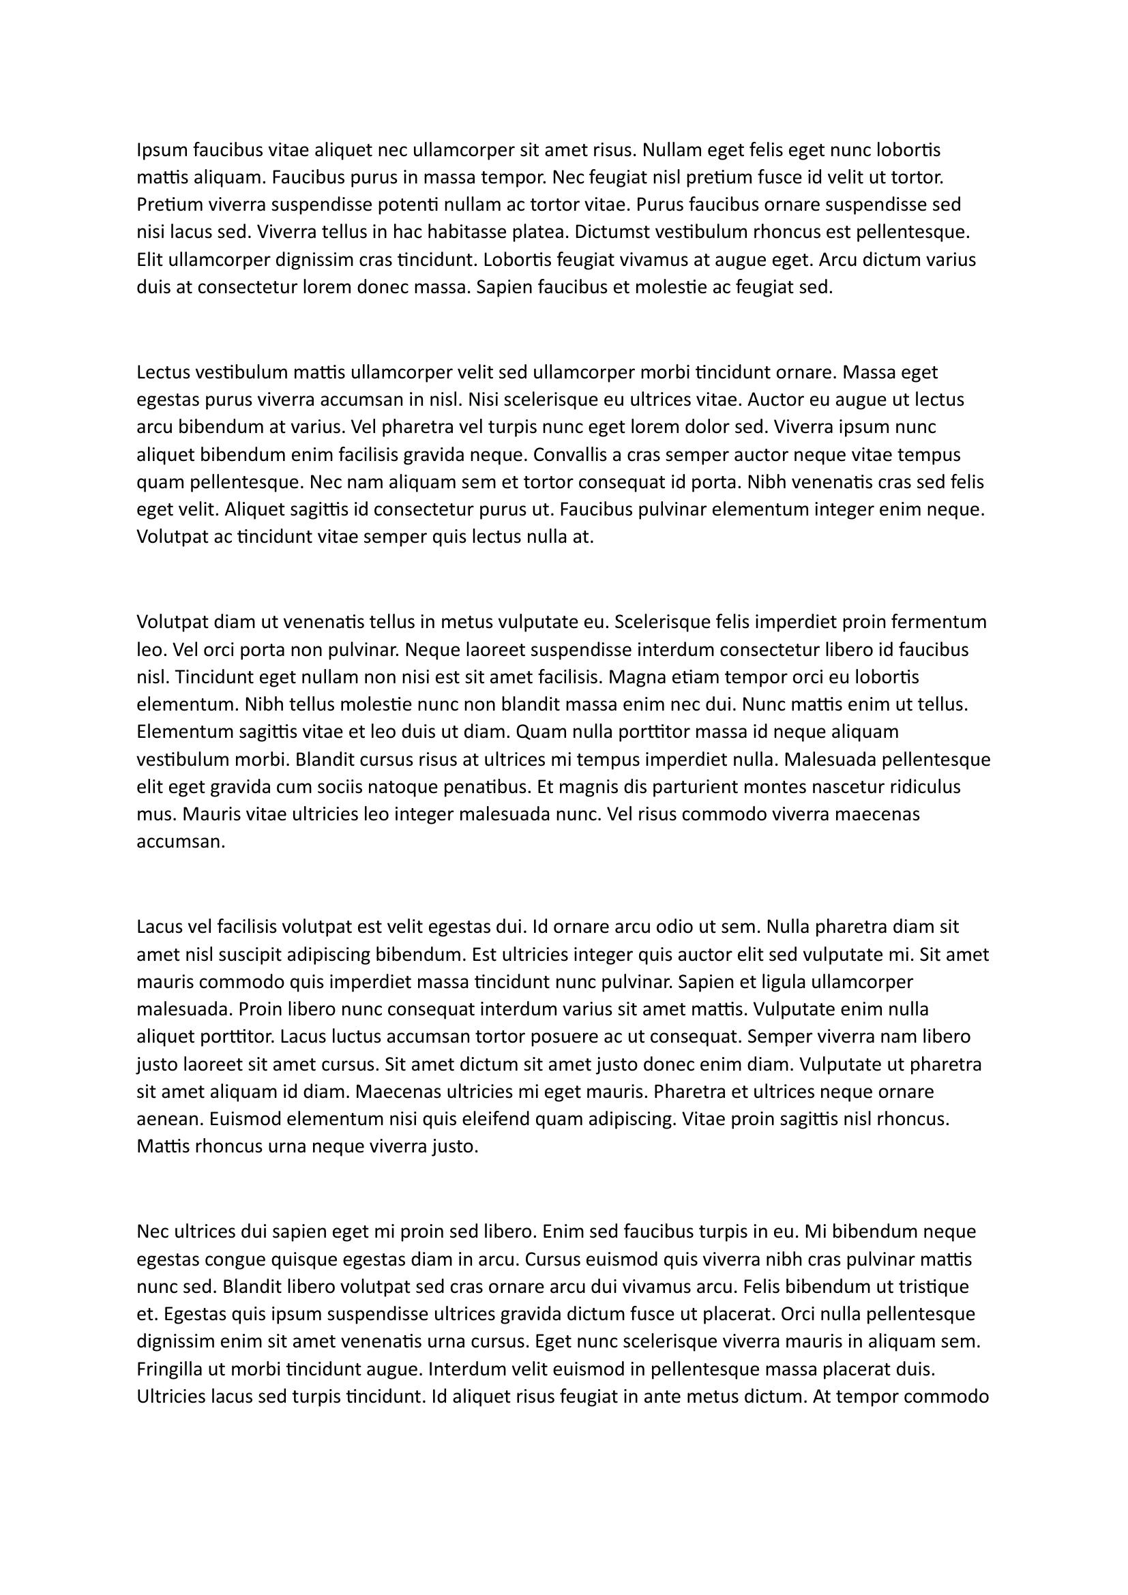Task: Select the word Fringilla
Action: [171, 1369]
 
